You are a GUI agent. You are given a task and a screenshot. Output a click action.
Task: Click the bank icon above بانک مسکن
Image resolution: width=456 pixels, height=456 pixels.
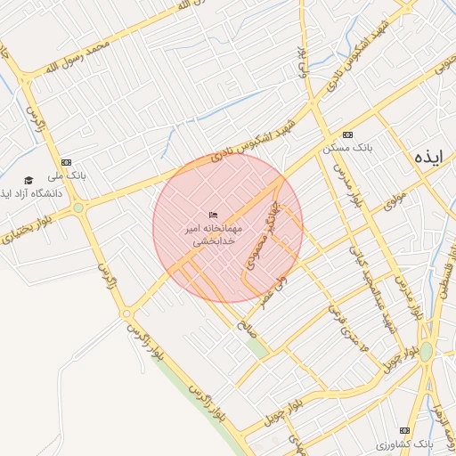click(347, 134)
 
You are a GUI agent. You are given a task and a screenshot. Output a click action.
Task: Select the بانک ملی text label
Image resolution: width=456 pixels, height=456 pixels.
click(69, 176)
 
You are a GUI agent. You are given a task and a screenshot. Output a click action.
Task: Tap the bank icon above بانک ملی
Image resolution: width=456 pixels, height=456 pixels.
click(65, 162)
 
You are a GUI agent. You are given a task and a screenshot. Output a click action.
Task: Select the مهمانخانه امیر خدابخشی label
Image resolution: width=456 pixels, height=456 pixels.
click(213, 235)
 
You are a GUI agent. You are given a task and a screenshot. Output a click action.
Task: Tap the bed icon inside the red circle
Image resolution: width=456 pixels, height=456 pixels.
click(213, 216)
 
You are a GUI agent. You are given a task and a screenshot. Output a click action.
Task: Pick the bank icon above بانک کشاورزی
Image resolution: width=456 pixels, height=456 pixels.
click(406, 429)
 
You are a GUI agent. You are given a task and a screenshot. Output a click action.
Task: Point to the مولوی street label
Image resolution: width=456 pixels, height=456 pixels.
click(395, 199)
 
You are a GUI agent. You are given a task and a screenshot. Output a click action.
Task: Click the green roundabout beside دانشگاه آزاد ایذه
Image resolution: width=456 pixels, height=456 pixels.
click(78, 208)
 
